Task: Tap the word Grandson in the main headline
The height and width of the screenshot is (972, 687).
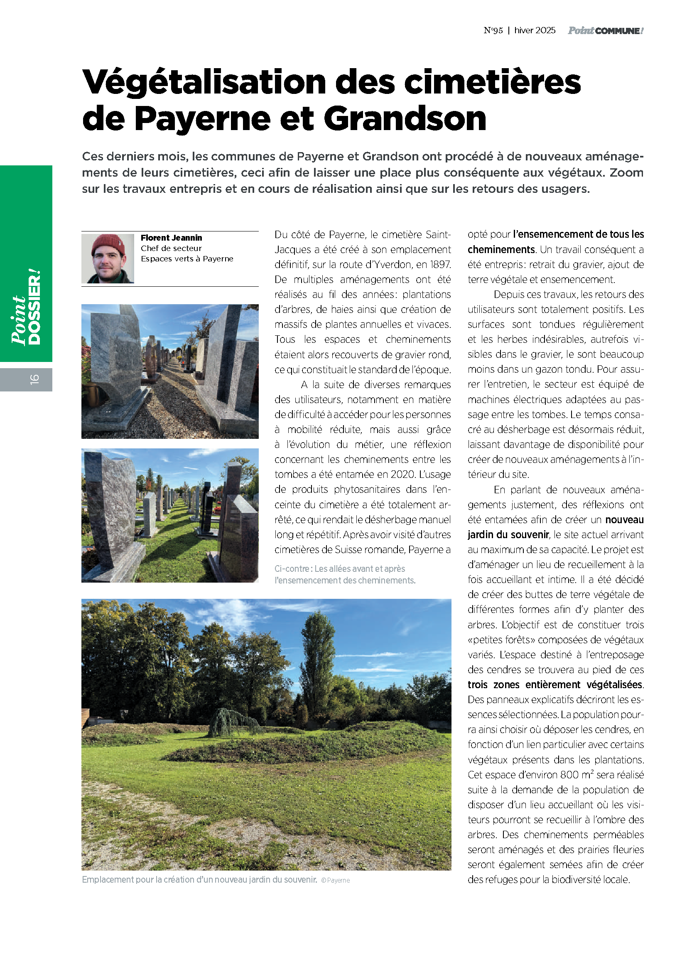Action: [x=405, y=118]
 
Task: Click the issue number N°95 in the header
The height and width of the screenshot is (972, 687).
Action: [x=493, y=30]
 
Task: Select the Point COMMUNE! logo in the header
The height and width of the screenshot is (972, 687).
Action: [x=605, y=30]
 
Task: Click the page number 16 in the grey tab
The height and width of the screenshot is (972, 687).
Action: [x=34, y=379]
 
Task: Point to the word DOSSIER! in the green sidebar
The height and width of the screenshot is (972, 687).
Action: [x=35, y=307]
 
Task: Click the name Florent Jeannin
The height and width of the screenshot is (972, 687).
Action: [x=171, y=238]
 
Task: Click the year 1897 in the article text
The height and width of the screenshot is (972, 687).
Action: [x=440, y=265]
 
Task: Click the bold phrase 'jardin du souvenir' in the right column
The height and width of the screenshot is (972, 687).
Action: [x=508, y=535]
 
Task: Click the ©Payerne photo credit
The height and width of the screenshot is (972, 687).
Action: [x=336, y=880]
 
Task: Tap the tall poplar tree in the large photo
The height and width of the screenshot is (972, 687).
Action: [x=318, y=660]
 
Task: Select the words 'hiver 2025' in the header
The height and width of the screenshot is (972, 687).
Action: [x=535, y=30]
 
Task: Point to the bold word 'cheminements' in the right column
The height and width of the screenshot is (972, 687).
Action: [x=501, y=250]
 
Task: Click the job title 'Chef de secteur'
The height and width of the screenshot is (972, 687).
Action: [x=171, y=249]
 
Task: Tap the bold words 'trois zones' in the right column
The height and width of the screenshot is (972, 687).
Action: [x=493, y=685]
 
